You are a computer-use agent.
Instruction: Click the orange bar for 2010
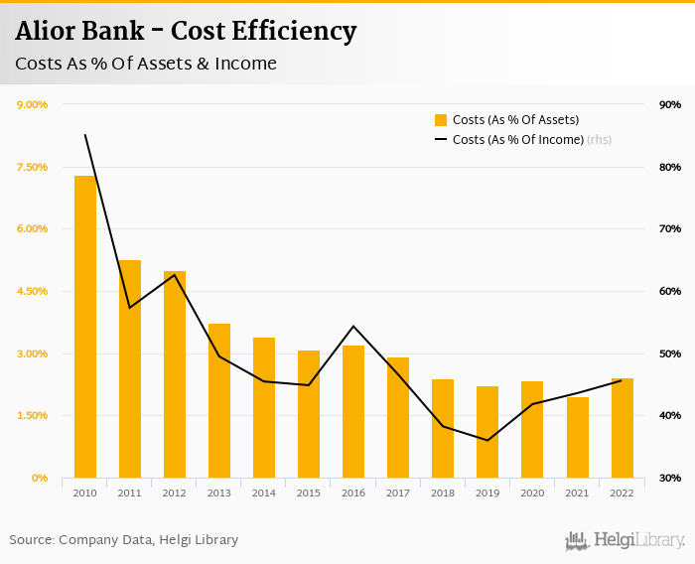tap(85, 328)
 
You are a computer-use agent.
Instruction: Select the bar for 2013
tap(219, 401)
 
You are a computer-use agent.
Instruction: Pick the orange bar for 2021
tap(578, 438)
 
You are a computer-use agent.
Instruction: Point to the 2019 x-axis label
tap(487, 493)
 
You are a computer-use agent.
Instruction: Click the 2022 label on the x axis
tap(622, 493)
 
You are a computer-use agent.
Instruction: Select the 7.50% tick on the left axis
tap(31, 167)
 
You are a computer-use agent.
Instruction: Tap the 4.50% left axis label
tap(31, 291)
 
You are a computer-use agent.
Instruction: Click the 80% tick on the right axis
tap(669, 167)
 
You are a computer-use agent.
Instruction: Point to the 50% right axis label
tap(669, 353)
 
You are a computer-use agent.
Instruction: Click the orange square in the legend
tap(441, 120)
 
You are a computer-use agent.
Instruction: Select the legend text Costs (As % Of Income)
tap(517, 140)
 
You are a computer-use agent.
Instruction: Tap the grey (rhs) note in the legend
tap(599, 140)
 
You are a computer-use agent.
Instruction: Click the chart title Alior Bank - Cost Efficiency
tap(186, 32)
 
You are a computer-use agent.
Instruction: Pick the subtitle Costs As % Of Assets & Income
tap(146, 64)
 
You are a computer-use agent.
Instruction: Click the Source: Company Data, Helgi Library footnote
tap(124, 539)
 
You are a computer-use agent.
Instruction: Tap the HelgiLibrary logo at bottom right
tap(625, 540)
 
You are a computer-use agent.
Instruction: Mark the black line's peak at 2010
tap(85, 135)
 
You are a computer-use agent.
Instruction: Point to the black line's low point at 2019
tap(487, 440)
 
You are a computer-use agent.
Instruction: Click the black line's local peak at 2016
tap(353, 326)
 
